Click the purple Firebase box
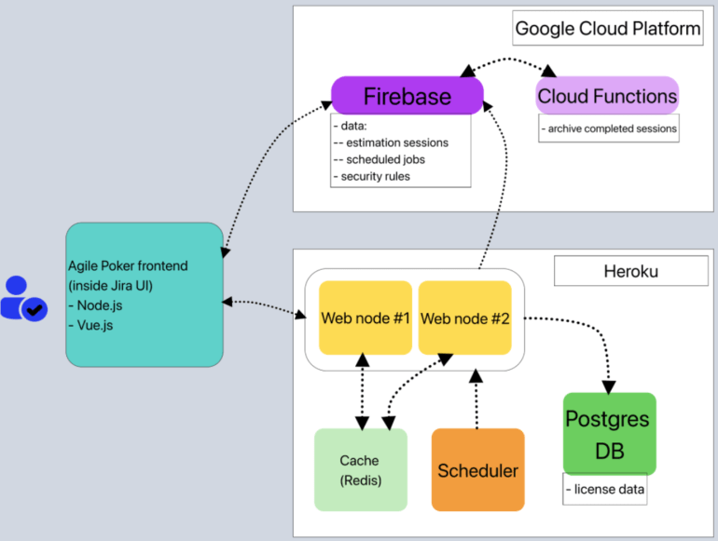(x=407, y=96)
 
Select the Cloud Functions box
(x=607, y=96)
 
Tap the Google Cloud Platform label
(x=608, y=29)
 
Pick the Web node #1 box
(x=366, y=318)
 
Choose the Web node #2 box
(x=465, y=318)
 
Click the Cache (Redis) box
(x=360, y=469)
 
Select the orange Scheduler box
(x=477, y=469)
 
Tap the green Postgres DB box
(x=610, y=433)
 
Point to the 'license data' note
(x=605, y=490)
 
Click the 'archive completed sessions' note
(x=609, y=128)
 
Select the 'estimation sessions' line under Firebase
(x=396, y=142)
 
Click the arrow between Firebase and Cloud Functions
(x=507, y=62)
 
